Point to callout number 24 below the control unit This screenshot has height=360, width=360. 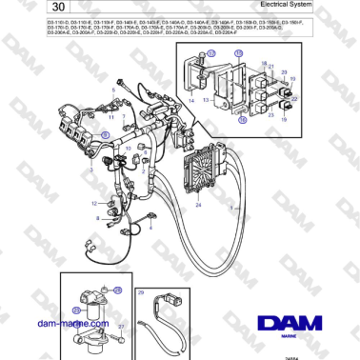tap(199, 206)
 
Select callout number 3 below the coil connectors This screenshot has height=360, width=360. tap(90, 170)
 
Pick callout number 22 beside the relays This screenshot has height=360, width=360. tap(295, 96)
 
